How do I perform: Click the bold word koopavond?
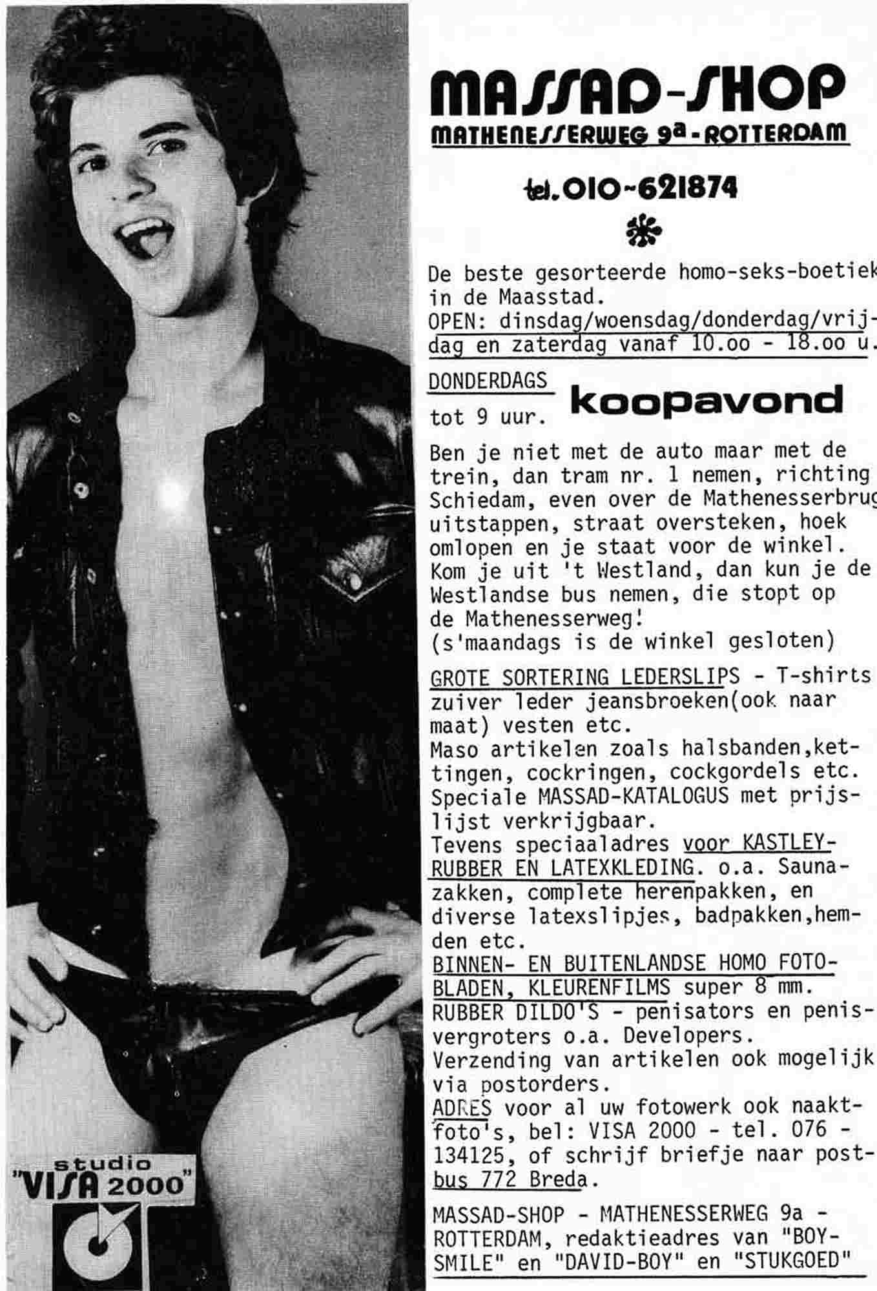tap(707, 402)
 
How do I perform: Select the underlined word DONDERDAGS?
tap(488, 381)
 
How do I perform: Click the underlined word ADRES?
tap(461, 1108)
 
